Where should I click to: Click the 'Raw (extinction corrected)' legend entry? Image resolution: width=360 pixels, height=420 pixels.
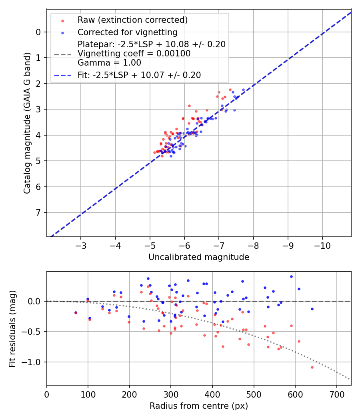tap(132, 20)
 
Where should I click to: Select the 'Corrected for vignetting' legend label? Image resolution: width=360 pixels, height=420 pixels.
tap(127, 32)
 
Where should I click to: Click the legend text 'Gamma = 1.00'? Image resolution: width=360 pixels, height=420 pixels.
tap(109, 62)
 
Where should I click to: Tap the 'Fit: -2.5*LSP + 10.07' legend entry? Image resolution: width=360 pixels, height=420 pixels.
tap(139, 75)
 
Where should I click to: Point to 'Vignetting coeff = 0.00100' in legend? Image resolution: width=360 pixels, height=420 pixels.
tap(134, 53)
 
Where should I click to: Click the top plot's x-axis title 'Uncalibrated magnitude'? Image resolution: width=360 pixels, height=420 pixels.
tap(199, 257)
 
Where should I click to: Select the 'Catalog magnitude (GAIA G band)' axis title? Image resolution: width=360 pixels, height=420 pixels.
tap(27, 122)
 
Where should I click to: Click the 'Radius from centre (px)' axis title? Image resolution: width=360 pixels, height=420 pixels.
tap(199, 406)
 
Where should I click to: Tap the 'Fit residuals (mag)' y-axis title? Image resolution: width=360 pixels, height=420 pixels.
tap(12, 328)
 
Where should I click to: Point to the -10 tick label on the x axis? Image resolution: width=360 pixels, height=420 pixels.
tap(322, 245)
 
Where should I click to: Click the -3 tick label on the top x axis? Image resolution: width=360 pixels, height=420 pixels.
tap(81, 245)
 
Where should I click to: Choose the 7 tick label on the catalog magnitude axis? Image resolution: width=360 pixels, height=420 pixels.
tap(38, 212)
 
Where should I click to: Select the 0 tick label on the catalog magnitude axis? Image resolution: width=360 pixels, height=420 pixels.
tap(38, 32)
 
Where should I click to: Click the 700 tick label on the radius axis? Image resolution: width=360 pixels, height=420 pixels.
tap(336, 394)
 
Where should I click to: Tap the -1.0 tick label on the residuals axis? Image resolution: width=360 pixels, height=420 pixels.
tap(34, 362)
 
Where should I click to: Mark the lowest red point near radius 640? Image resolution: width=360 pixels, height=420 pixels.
tap(312, 367)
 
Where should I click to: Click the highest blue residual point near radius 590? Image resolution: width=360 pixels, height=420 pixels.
tap(291, 276)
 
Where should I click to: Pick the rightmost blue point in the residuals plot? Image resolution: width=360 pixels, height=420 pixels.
tap(312, 309)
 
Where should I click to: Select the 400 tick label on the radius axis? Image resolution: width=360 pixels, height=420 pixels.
tap(212, 394)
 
